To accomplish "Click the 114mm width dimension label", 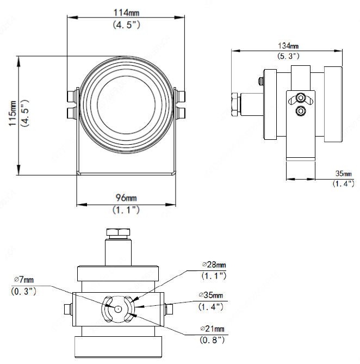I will coord(125,12).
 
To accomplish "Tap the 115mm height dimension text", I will coord(13,114).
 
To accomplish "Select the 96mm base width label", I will coord(125,197).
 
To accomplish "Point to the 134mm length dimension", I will coord(288,46).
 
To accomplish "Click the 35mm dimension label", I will coord(343,174).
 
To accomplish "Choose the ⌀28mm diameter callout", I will coord(213,265).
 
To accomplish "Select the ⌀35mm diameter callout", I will coord(212,295).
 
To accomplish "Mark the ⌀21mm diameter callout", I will coord(213,329).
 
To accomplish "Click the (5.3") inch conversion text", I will coord(288,56).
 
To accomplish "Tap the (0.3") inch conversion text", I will coord(24,291).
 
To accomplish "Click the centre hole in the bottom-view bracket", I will coord(118,308).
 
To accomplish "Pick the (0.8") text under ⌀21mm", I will coord(213,340).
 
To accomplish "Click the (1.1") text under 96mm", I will coord(125,209).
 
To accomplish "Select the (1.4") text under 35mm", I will coord(343,184).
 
